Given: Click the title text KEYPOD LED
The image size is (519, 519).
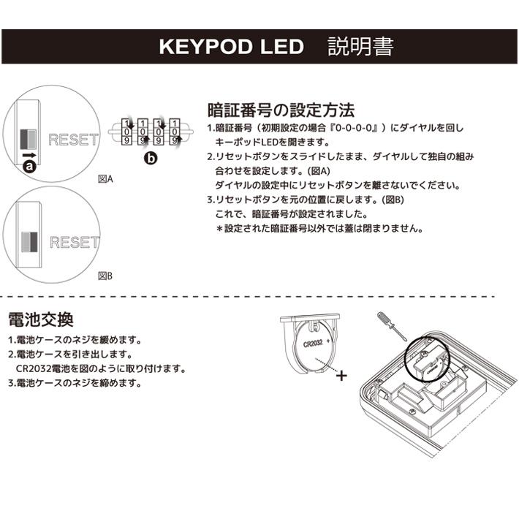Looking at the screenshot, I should pyautogui.click(x=231, y=47).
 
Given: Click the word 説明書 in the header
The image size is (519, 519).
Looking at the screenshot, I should pyautogui.click(x=360, y=47).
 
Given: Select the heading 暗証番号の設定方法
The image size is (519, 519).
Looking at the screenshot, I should pyautogui.click(x=281, y=110).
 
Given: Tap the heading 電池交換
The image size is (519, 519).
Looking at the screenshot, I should pyautogui.click(x=40, y=319).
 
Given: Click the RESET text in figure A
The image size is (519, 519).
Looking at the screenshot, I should pyautogui.click(x=73, y=139).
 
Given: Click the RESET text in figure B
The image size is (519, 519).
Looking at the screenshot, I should pyautogui.click(x=74, y=243).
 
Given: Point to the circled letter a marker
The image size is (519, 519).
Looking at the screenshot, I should pyautogui.click(x=30, y=167).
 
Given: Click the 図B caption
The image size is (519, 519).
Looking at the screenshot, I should pyautogui.click(x=105, y=276).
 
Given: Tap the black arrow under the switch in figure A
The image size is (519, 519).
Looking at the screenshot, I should pyautogui.click(x=30, y=154).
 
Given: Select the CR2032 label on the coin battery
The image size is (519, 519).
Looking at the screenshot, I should pyautogui.click(x=314, y=343).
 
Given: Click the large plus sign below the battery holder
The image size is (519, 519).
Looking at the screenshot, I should pyautogui.click(x=341, y=376).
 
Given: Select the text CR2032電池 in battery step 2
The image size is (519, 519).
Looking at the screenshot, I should pyautogui.click(x=44, y=368).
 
